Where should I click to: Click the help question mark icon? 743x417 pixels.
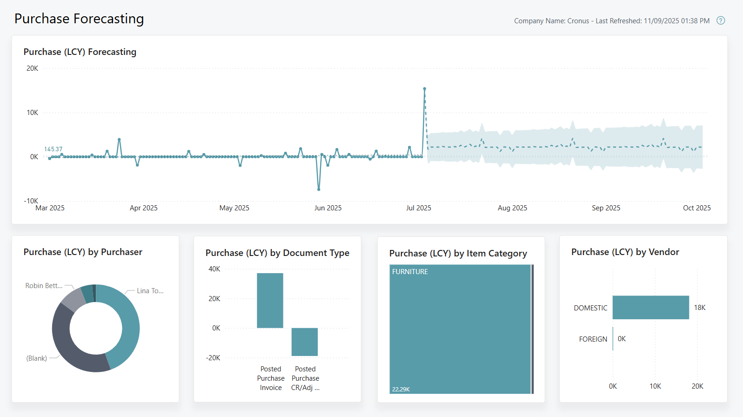pyautogui.click(x=721, y=20)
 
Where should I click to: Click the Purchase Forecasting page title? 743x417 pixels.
pyautogui.click(x=79, y=19)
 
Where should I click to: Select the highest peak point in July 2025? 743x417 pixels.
pyautogui.click(x=424, y=88)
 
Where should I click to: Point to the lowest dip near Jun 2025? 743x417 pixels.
pyautogui.click(x=319, y=189)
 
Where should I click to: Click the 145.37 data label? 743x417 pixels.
pyautogui.click(x=53, y=149)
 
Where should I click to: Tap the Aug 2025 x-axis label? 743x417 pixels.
pyautogui.click(x=512, y=208)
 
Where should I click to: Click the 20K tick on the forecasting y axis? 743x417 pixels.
pyautogui.click(x=32, y=68)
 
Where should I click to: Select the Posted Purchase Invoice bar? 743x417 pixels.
pyautogui.click(x=270, y=300)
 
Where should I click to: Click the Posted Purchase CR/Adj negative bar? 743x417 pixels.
pyautogui.click(x=304, y=342)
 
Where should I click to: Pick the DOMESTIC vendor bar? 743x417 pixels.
pyautogui.click(x=650, y=308)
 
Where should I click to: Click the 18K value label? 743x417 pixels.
pyautogui.click(x=700, y=308)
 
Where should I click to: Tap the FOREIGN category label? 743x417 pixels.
pyautogui.click(x=593, y=339)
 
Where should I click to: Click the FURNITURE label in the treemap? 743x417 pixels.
pyautogui.click(x=410, y=272)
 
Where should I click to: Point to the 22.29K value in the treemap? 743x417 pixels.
pyautogui.click(x=401, y=390)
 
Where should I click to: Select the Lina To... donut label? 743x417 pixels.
pyautogui.click(x=150, y=291)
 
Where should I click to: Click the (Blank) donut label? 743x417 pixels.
pyautogui.click(x=37, y=358)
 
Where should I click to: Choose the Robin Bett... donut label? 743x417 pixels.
pyautogui.click(x=44, y=286)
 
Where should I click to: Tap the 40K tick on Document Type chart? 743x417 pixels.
pyautogui.click(x=214, y=269)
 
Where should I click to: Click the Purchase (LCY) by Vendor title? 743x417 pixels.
pyautogui.click(x=625, y=252)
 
